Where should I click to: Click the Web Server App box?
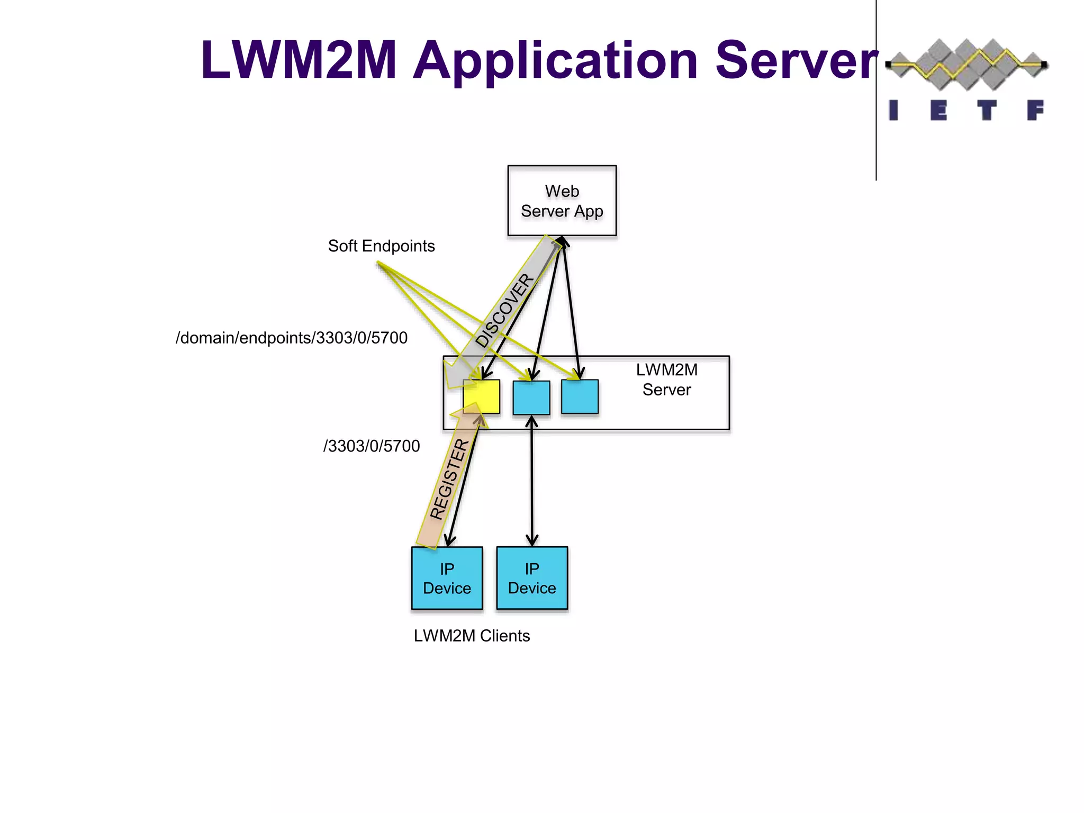tap(562, 201)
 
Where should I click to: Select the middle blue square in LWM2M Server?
tap(531, 398)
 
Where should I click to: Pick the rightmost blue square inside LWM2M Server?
tap(580, 396)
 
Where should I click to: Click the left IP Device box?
tap(447, 578)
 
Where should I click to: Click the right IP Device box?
tap(532, 578)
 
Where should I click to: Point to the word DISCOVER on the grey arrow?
tap(504, 310)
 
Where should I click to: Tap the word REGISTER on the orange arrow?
tap(449, 479)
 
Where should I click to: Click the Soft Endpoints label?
tap(381, 246)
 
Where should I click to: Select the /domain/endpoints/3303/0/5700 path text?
tap(291, 338)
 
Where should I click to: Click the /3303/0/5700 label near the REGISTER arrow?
tap(371, 446)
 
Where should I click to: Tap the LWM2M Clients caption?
tap(472, 636)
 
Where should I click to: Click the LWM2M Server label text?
tap(666, 380)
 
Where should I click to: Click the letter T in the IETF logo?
tap(986, 111)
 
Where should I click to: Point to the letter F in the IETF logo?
tap(1035, 111)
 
